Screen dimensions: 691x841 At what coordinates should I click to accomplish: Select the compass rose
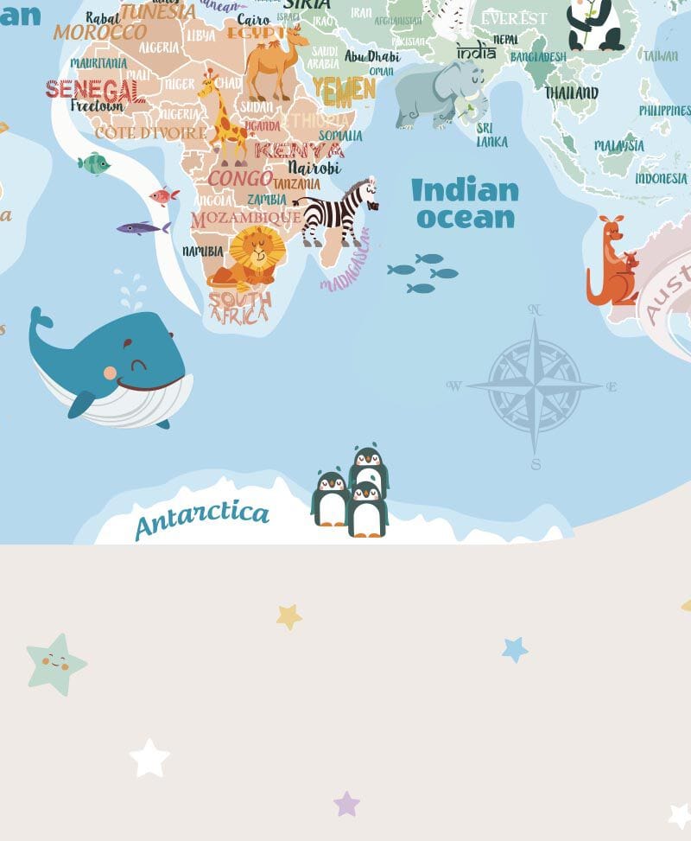tap(535, 385)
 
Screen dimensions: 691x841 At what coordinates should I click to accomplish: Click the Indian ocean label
tap(465, 203)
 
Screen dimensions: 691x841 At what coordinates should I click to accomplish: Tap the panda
tap(594, 23)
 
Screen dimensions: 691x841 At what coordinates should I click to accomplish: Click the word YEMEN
tap(344, 88)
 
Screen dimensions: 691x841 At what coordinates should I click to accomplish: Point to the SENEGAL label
tap(95, 89)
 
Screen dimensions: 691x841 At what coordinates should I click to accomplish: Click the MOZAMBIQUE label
tap(246, 219)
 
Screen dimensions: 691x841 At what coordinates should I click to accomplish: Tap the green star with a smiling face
tap(56, 664)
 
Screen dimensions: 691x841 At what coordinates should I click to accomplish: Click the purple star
tap(346, 804)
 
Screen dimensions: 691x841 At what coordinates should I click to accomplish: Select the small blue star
tap(515, 649)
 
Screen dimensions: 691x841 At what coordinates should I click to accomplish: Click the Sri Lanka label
tap(491, 135)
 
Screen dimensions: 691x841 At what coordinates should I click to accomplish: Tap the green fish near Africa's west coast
tap(93, 162)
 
